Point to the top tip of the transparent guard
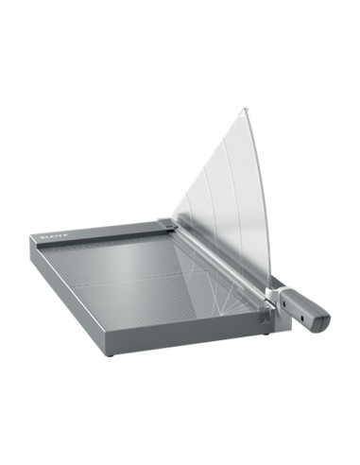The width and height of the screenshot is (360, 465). [x=244, y=110]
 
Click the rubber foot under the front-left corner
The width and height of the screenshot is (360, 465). [x=108, y=354]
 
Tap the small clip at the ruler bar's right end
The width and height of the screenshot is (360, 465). [x=166, y=224]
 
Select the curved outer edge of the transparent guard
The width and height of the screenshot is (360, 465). [x=261, y=189]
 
